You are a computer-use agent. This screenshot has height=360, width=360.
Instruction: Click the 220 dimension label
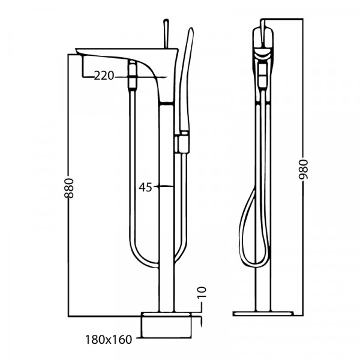pyautogui.click(x=104, y=76)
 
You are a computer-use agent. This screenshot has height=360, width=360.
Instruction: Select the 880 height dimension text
pyautogui.click(x=68, y=188)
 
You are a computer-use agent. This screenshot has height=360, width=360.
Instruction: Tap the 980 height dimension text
pyautogui.click(x=303, y=169)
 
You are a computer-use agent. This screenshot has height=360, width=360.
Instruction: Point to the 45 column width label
pyautogui.click(x=145, y=187)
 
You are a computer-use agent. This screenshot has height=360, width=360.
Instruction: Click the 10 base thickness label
pyautogui.click(x=202, y=292)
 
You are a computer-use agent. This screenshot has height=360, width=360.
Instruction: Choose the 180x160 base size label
pyautogui.click(x=109, y=340)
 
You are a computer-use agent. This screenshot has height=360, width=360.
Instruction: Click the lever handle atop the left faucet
pyautogui.click(x=166, y=34)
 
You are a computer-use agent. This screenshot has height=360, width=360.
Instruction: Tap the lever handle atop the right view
pyautogui.click(x=263, y=31)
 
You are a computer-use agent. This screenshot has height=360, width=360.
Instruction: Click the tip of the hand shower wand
pyautogui.click(x=191, y=28)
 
